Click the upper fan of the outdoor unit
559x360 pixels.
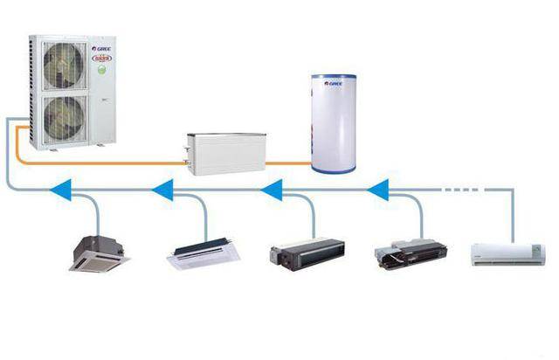tap(65, 66)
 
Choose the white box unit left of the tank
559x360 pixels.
tap(225, 152)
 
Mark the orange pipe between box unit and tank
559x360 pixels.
tap(288, 163)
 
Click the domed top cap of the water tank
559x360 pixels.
tap(333, 78)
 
